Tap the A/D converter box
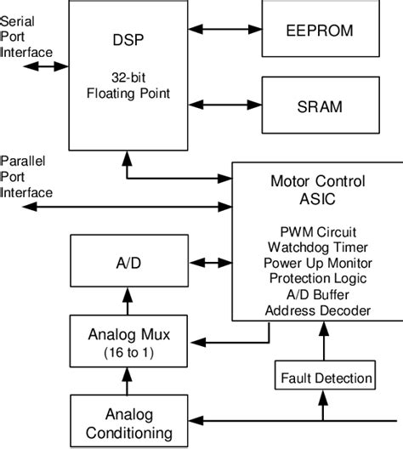[127, 263]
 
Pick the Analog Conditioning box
[127, 422]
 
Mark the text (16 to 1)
[127, 351]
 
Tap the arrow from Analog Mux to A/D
[127, 303]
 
